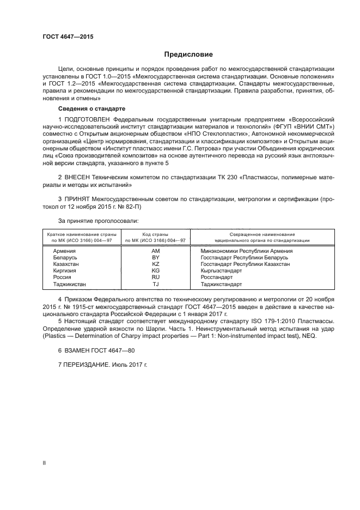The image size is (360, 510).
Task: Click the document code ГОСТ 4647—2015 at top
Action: (x=68, y=37)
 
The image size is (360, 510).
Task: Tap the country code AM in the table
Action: (x=155, y=251)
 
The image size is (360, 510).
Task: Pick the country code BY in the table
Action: (x=155, y=257)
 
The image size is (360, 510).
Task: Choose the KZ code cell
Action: (x=155, y=264)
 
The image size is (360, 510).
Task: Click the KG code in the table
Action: (x=155, y=271)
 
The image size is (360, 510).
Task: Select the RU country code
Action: (x=155, y=277)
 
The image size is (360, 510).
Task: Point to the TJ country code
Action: (x=155, y=284)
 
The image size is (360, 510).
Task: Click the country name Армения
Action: (x=64, y=251)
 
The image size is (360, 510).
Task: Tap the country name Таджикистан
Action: (x=69, y=284)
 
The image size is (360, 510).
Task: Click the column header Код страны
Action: (x=155, y=234)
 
